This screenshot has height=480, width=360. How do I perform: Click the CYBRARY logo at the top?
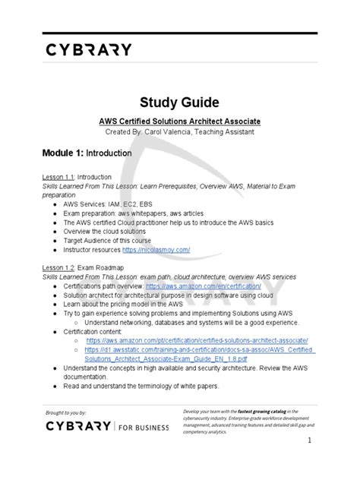pyautogui.click(x=87, y=50)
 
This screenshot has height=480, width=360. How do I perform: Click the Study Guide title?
pyautogui.click(x=179, y=103)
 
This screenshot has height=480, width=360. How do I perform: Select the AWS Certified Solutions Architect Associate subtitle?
pyautogui.click(x=180, y=121)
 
